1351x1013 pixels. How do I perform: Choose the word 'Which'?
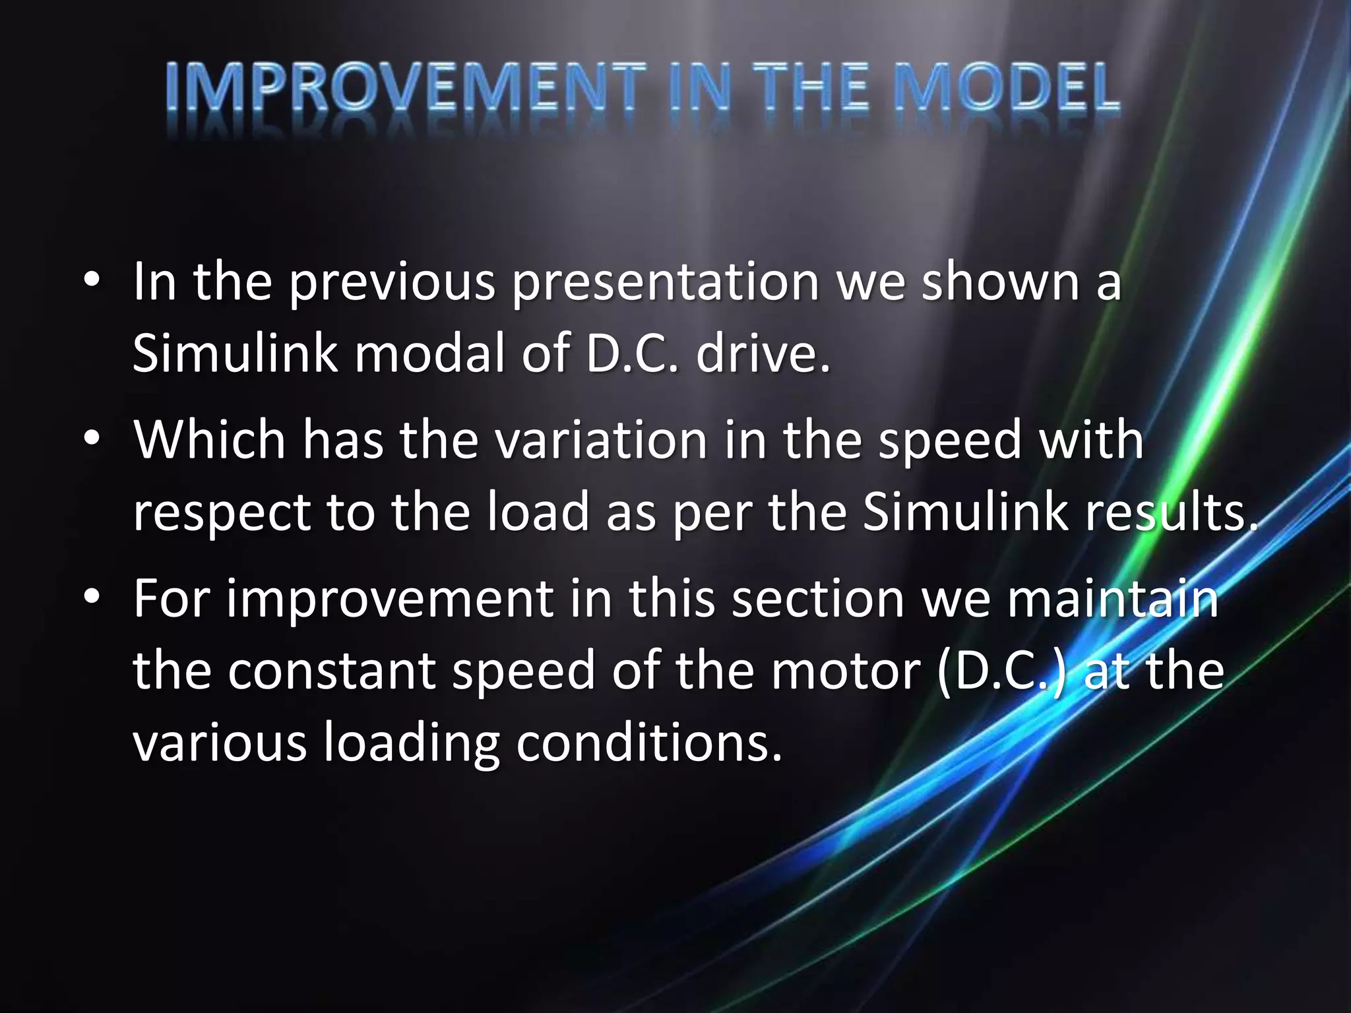pyautogui.click(x=210, y=439)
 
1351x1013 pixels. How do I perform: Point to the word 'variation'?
pyautogui.click(x=601, y=439)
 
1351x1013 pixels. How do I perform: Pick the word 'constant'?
pyautogui.click(x=331, y=670)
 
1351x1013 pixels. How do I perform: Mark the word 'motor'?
pyautogui.click(x=846, y=670)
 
